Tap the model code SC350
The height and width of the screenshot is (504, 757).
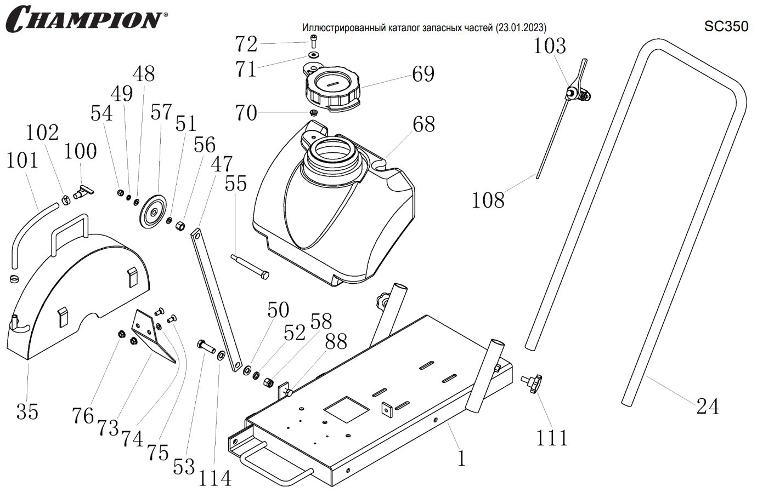(x=726, y=26)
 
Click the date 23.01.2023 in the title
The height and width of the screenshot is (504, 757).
(x=521, y=28)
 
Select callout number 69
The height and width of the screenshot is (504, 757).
(x=423, y=74)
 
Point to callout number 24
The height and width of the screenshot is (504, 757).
(x=708, y=406)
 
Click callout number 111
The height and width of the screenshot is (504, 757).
(x=552, y=438)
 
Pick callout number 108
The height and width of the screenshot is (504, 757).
(x=488, y=201)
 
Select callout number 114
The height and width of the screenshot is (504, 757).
(x=214, y=479)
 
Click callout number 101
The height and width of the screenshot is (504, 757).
(x=22, y=161)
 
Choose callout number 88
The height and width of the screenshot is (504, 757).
(x=336, y=342)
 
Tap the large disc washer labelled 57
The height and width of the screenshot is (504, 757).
(x=154, y=211)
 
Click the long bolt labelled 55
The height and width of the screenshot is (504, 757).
(x=250, y=266)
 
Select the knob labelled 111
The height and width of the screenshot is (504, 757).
(x=532, y=382)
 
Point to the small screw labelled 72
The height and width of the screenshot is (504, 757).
(x=314, y=41)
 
